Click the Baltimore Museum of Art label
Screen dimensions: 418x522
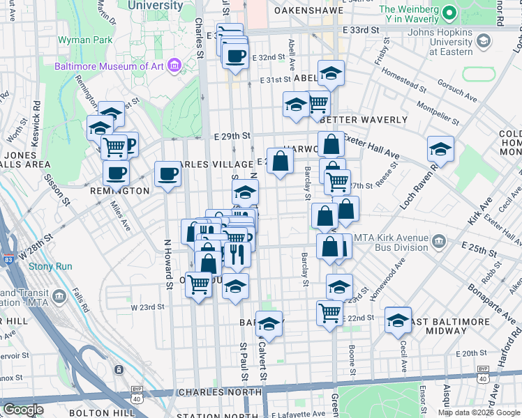pos(110,67)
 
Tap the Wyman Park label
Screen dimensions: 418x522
pos(86,40)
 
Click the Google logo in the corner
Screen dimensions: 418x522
pos(23,410)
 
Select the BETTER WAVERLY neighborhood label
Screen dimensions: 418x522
pos(364,120)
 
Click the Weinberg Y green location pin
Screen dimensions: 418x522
pos(449,13)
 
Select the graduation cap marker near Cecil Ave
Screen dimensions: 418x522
pos(398,320)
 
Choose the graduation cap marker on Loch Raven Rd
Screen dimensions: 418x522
pos(440,148)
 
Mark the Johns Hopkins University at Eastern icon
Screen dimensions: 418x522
pos(482,42)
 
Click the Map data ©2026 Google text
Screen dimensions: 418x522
pos(479,412)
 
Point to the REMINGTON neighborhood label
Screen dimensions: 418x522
pos(120,190)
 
